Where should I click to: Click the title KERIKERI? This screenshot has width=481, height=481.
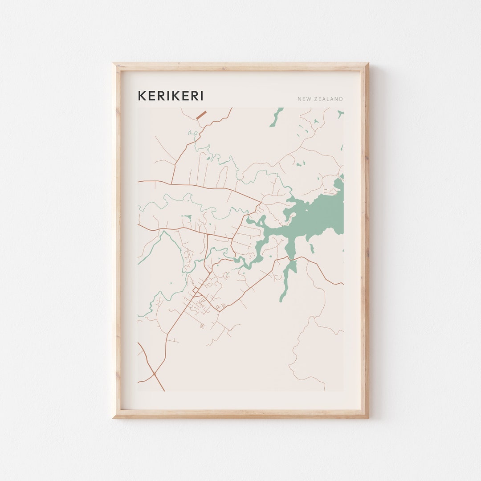click(x=170, y=96)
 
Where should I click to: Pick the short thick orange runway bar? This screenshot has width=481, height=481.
click(x=201, y=115)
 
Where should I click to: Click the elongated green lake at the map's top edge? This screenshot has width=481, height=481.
click(x=276, y=118)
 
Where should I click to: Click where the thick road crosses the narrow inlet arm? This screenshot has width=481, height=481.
click(x=290, y=258)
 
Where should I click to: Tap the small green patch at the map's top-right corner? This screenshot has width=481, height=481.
click(x=340, y=114)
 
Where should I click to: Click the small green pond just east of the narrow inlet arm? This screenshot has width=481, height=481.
click(x=311, y=248)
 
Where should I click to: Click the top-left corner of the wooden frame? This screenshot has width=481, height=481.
click(x=114, y=64)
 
